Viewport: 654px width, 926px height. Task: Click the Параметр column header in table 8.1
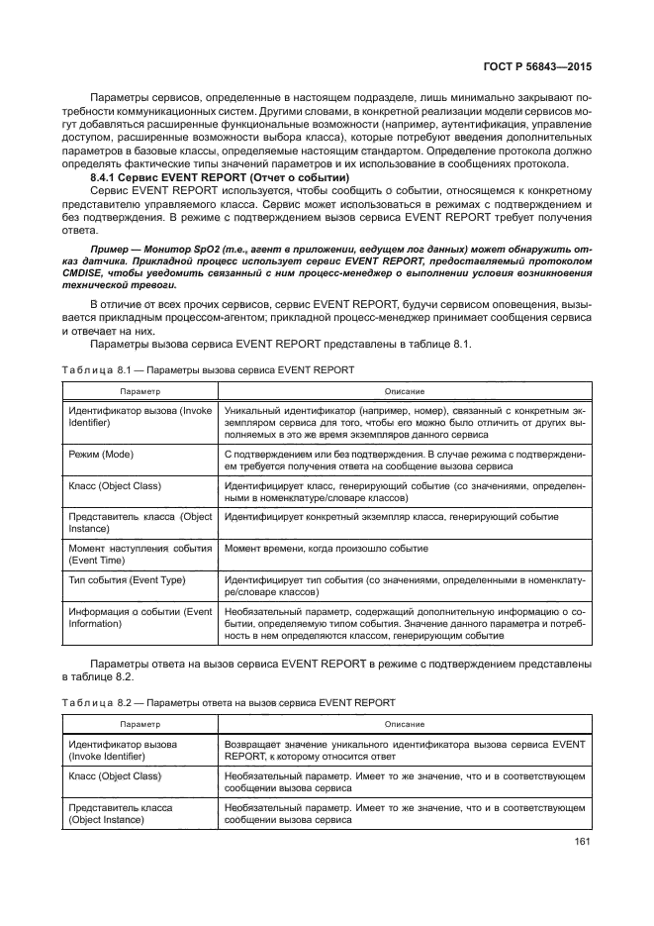click(x=140, y=391)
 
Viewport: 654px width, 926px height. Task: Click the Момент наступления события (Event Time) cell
click(x=139, y=554)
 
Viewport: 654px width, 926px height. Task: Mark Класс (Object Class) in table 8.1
click(x=114, y=485)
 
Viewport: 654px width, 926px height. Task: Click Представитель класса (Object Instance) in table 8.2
click(x=119, y=813)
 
